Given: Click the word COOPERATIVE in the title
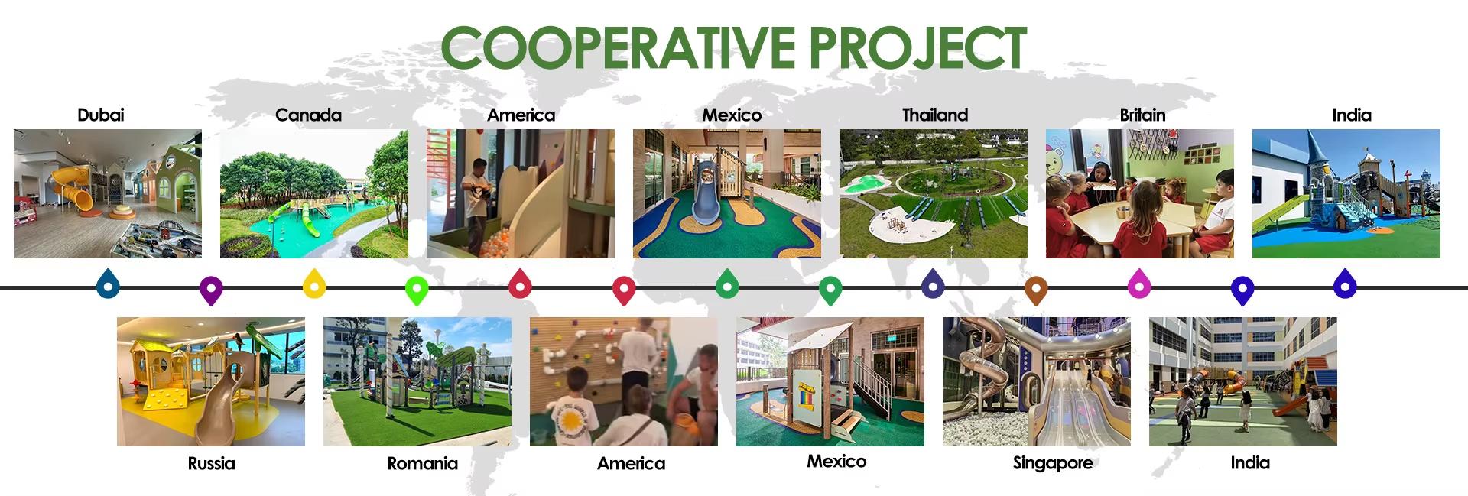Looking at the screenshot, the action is tap(620, 47).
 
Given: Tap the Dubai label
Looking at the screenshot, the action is tap(100, 115).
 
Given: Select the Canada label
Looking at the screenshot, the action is tap(308, 115).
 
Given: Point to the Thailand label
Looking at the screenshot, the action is tap(935, 115).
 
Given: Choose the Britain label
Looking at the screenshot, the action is tap(1142, 115).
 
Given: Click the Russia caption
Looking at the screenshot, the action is tap(212, 463).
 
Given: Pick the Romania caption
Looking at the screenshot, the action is tap(422, 463).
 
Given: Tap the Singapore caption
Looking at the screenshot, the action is tap(1052, 463).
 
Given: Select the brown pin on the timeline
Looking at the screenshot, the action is tap(1035, 290).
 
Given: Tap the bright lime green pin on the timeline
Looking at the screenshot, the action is tap(417, 290).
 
